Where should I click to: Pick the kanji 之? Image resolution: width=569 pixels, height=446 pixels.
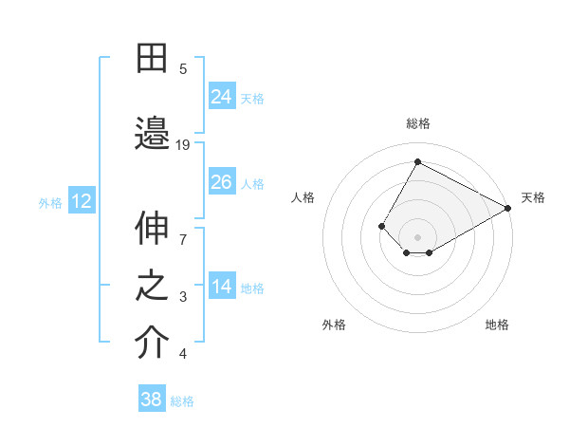(152, 288)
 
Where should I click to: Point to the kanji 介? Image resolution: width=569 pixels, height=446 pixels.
(152, 344)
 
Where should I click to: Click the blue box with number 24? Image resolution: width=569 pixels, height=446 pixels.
(222, 97)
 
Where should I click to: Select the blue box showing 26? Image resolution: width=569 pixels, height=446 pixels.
(222, 182)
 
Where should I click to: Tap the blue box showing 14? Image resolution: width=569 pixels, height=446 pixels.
(222, 288)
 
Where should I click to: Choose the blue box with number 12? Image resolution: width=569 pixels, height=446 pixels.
(82, 201)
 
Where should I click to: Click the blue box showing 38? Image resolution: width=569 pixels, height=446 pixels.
(152, 400)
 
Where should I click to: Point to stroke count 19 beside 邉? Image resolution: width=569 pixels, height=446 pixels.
(183, 145)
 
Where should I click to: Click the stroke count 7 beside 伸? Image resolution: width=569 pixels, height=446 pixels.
(183, 230)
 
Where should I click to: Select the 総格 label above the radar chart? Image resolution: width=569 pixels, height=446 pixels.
(417, 123)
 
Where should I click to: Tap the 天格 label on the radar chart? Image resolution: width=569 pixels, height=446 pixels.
(533, 197)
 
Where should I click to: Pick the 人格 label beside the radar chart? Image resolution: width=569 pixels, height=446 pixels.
(303, 197)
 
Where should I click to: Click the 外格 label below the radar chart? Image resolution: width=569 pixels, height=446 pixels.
(334, 325)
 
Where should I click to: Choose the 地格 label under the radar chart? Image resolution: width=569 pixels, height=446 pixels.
(497, 325)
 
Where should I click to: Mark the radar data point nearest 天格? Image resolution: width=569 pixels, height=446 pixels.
(508, 209)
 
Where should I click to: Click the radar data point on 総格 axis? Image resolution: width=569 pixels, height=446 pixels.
(417, 161)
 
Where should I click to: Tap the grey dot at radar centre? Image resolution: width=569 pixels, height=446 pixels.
(417, 236)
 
